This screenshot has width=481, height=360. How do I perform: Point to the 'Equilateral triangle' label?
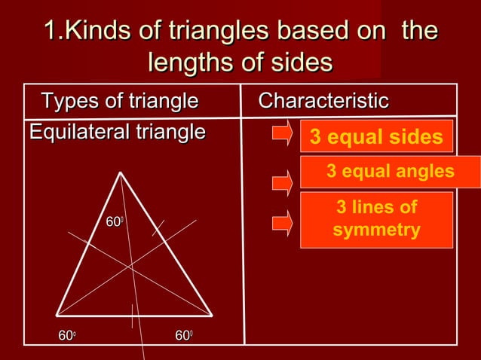click(117, 132)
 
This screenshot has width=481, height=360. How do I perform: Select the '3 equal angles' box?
click(390, 172)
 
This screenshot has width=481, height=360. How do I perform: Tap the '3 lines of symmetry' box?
click(376, 219)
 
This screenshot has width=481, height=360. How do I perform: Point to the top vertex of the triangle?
click(121, 172)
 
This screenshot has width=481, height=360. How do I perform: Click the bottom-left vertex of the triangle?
click(57, 315)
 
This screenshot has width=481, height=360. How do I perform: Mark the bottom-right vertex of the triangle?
click(212, 316)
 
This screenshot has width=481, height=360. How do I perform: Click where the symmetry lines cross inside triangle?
click(132, 266)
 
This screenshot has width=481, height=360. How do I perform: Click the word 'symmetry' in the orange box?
click(376, 230)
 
